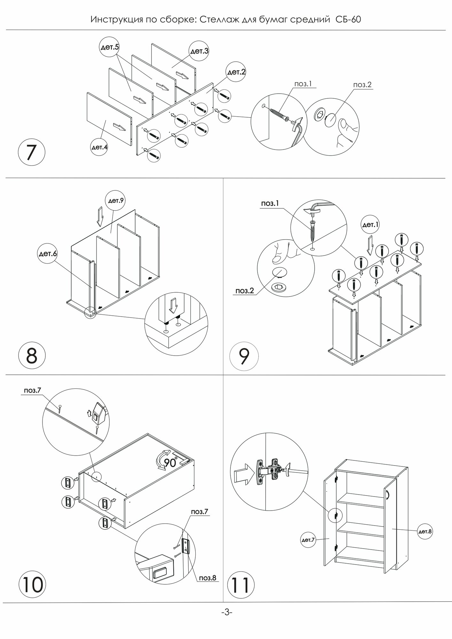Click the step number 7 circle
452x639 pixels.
pos(31,154)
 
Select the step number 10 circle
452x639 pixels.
pos(33,584)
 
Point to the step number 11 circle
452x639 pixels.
pos(240,584)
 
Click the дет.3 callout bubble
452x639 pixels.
pos(199,51)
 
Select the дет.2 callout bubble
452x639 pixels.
pos(236,73)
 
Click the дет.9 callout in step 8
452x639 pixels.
pos(115,201)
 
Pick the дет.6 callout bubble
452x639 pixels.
pos(48,254)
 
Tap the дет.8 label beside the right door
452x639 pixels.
pos(425,532)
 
